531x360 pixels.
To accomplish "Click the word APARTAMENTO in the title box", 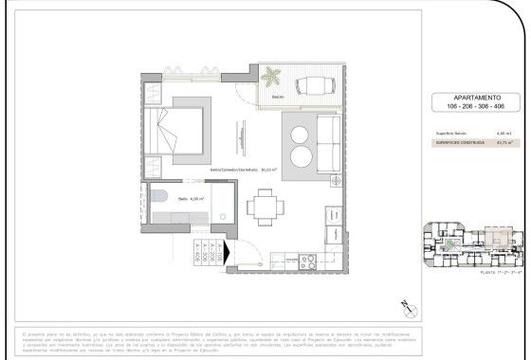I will [x=470, y=99].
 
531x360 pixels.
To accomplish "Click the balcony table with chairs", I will [x=312, y=86].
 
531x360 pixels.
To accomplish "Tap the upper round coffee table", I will [x=300, y=131].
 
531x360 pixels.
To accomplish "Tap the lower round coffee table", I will [x=300, y=154].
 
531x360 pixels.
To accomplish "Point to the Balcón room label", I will [x=277, y=97].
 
